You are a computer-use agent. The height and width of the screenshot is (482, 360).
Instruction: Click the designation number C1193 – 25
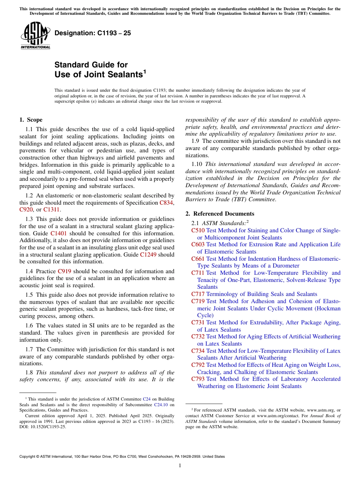(93, 33)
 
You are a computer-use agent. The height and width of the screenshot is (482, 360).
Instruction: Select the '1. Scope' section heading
(31, 120)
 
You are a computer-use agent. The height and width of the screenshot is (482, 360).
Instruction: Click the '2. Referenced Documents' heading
(223, 214)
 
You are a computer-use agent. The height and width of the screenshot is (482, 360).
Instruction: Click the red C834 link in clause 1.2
(166, 203)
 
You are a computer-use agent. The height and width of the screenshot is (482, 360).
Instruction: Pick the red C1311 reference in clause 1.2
(52, 210)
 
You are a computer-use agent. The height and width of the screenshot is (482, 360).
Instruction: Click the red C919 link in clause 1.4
(65, 271)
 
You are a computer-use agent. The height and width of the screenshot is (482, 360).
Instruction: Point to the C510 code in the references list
(198, 230)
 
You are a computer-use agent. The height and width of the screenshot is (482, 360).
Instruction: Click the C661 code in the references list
(198, 259)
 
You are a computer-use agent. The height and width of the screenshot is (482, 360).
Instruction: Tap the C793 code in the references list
(198, 379)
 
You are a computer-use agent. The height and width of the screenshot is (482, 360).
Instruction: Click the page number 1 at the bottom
(180, 465)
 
